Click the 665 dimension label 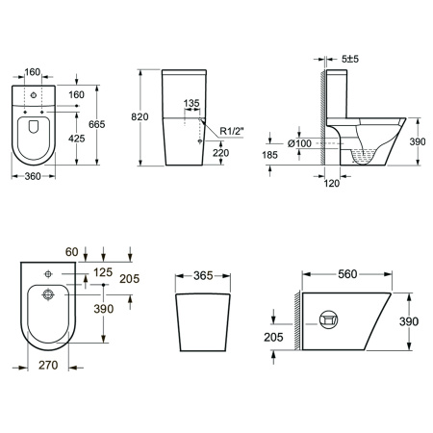point(97,124)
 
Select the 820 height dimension point(140,117)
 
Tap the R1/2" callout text point(232,131)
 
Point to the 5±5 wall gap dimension point(350,59)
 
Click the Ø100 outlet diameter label point(299,143)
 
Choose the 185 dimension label point(269,155)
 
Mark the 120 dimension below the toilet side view point(331,184)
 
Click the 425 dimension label point(77,139)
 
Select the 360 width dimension point(33,176)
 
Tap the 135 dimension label point(191,103)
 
